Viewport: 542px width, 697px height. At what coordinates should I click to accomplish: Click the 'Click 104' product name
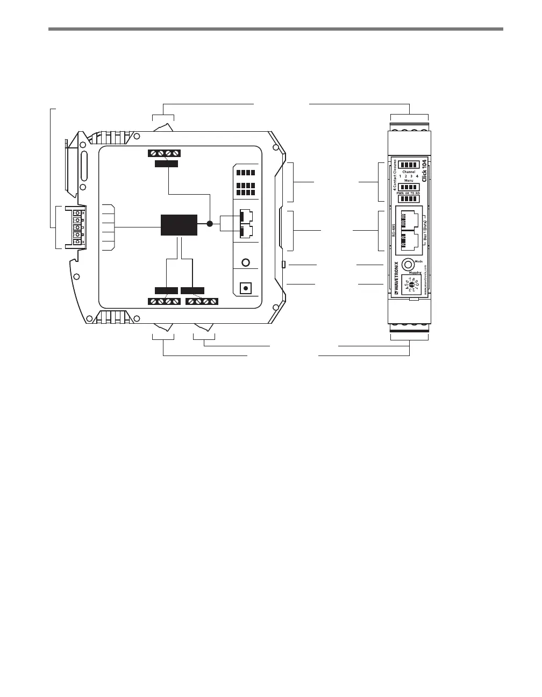pyautogui.click(x=424, y=170)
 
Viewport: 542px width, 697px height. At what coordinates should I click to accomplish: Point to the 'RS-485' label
pyautogui.click(x=393, y=230)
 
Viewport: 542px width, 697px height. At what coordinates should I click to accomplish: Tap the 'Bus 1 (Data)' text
pyautogui.click(x=425, y=231)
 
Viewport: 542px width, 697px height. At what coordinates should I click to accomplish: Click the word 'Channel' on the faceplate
pyautogui.click(x=409, y=172)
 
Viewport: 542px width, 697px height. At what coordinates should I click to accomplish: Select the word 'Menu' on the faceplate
pyautogui.click(x=409, y=181)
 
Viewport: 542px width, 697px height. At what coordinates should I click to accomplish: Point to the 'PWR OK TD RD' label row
pyautogui.click(x=409, y=193)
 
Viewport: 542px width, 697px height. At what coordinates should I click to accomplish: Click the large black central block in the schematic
pyautogui.click(x=179, y=224)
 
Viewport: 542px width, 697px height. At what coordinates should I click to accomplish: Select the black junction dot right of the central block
pyautogui.click(x=210, y=224)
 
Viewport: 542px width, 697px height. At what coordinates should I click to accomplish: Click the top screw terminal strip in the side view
pyautogui.click(x=164, y=153)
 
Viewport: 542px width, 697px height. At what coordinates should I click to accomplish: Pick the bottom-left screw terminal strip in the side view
pyautogui.click(x=164, y=301)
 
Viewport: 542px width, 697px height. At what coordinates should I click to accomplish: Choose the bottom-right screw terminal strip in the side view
pyautogui.click(x=202, y=301)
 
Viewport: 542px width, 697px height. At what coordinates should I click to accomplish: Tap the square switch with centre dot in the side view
pyautogui.click(x=246, y=288)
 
